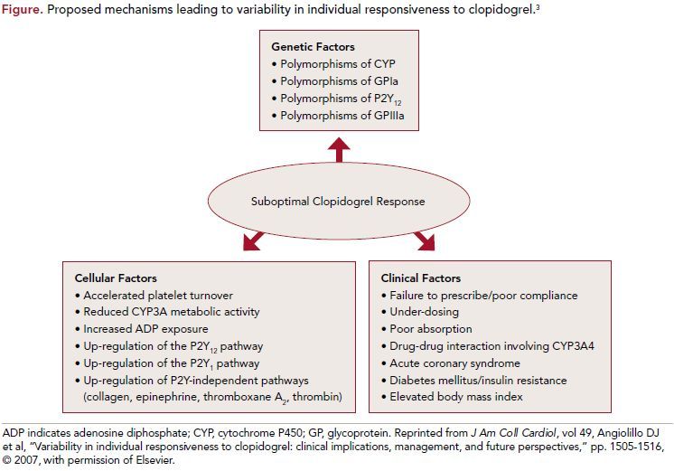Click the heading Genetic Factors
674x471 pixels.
(313, 46)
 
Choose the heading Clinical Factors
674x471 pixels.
(421, 278)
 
